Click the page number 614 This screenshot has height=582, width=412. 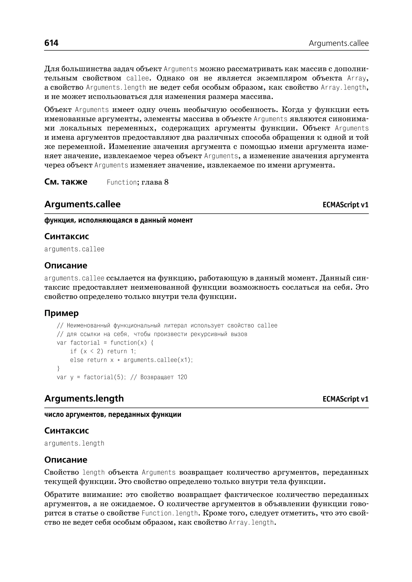coord(51,43)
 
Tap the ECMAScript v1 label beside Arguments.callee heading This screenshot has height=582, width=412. coord(345,205)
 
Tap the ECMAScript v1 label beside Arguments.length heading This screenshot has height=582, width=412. coord(345,399)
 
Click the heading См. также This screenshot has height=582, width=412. coord(66,182)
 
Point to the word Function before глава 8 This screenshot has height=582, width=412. coord(122,182)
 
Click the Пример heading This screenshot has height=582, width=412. coord(61,313)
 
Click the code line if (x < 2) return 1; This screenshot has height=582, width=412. coord(103,351)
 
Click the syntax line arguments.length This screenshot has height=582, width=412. coord(74,443)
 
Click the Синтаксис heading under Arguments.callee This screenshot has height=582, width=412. coord(66,236)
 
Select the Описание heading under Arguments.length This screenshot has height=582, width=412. coord(66,460)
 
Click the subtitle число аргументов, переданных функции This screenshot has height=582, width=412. coord(113,415)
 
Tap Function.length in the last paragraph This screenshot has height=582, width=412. coord(169,513)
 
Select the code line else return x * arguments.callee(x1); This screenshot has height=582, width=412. coord(131,360)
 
